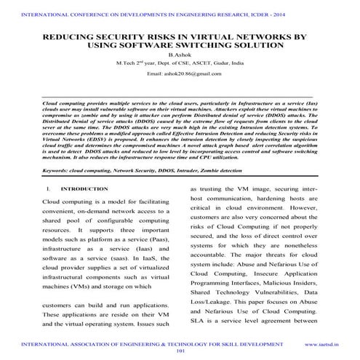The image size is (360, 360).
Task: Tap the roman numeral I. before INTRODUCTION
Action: point(47,188)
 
